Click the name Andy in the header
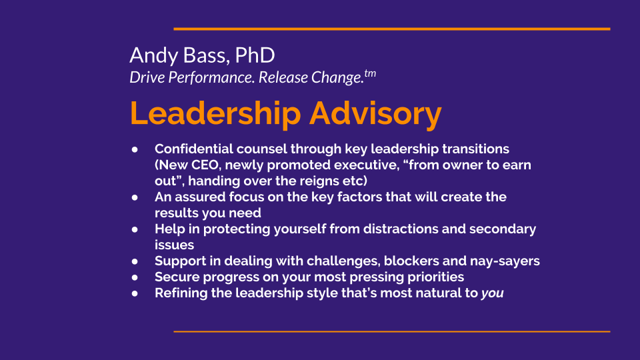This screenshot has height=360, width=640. pos(154,56)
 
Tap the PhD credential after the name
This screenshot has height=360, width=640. pos(255,55)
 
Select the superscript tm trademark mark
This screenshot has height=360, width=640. pos(370,73)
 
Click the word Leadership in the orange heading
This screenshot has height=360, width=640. pos(215,113)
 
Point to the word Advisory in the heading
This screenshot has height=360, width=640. pos(375,114)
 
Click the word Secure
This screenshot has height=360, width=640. pos(177,277)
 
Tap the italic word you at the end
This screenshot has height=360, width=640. pos(492,293)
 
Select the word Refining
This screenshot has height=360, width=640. pos(181,293)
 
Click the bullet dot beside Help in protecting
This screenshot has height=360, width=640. pos(135,229)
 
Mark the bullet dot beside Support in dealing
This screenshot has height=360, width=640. pos(135,261)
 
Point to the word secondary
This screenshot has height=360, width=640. pos(503,229)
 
